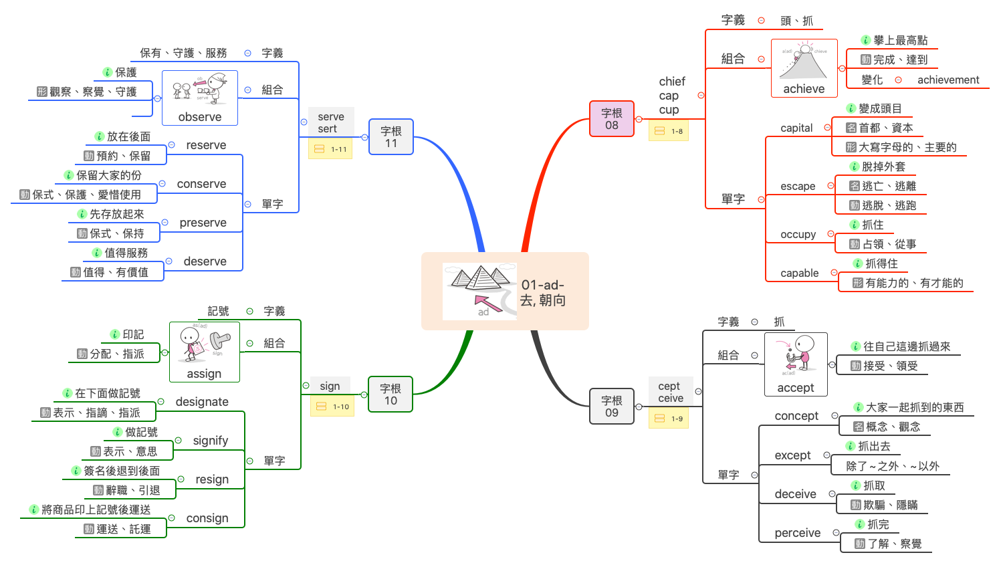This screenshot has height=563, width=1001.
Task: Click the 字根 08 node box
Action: [611, 119]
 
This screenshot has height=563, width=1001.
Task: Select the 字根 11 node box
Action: [391, 137]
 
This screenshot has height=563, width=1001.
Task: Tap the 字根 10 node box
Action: [391, 395]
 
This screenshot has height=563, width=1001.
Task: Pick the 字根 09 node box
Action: [611, 407]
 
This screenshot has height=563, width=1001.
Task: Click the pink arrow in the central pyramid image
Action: [487, 302]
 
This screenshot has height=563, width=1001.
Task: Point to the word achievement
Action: [948, 80]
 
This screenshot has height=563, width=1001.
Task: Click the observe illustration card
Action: [199, 98]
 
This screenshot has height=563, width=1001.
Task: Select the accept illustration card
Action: [796, 364]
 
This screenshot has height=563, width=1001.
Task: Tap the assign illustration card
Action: [204, 352]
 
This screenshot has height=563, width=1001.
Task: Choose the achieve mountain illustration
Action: [804, 68]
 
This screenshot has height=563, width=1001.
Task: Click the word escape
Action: [798, 187]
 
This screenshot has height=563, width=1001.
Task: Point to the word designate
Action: [202, 402]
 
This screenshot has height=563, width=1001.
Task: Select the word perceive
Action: [797, 533]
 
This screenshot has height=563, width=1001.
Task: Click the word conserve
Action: [201, 184]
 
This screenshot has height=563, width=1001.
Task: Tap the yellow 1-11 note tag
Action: [330, 149]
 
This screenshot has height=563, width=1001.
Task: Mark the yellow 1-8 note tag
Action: [668, 131]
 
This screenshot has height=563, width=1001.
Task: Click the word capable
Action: [799, 273]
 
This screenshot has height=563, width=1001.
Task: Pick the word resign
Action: [212, 479]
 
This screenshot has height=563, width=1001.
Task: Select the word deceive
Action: [795, 494]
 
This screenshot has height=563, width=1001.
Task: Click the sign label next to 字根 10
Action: [330, 386]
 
